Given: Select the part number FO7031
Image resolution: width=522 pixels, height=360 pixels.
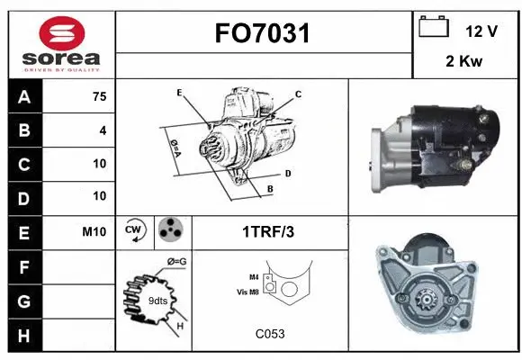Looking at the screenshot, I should [x=263, y=34].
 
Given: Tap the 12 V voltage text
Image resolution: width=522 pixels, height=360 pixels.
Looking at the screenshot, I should [x=481, y=31].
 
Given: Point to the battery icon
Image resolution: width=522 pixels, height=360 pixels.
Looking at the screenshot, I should [x=434, y=28].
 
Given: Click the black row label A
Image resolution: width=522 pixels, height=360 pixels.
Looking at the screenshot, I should [x=24, y=97].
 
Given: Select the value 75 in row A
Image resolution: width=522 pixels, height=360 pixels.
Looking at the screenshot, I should [x=99, y=97].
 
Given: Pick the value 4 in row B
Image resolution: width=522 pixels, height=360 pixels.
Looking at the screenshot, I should [x=103, y=130].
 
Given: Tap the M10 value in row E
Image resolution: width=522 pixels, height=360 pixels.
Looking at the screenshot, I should [x=94, y=231].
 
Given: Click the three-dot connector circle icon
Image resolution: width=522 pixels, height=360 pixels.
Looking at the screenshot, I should [x=170, y=231].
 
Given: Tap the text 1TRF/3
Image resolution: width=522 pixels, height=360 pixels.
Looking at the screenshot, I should [x=268, y=231].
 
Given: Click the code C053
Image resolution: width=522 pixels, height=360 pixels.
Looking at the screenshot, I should [x=269, y=334].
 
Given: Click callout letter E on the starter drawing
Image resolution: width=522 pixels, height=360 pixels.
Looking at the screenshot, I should [x=179, y=93].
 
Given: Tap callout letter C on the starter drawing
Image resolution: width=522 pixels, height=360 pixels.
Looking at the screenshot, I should [x=298, y=94].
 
